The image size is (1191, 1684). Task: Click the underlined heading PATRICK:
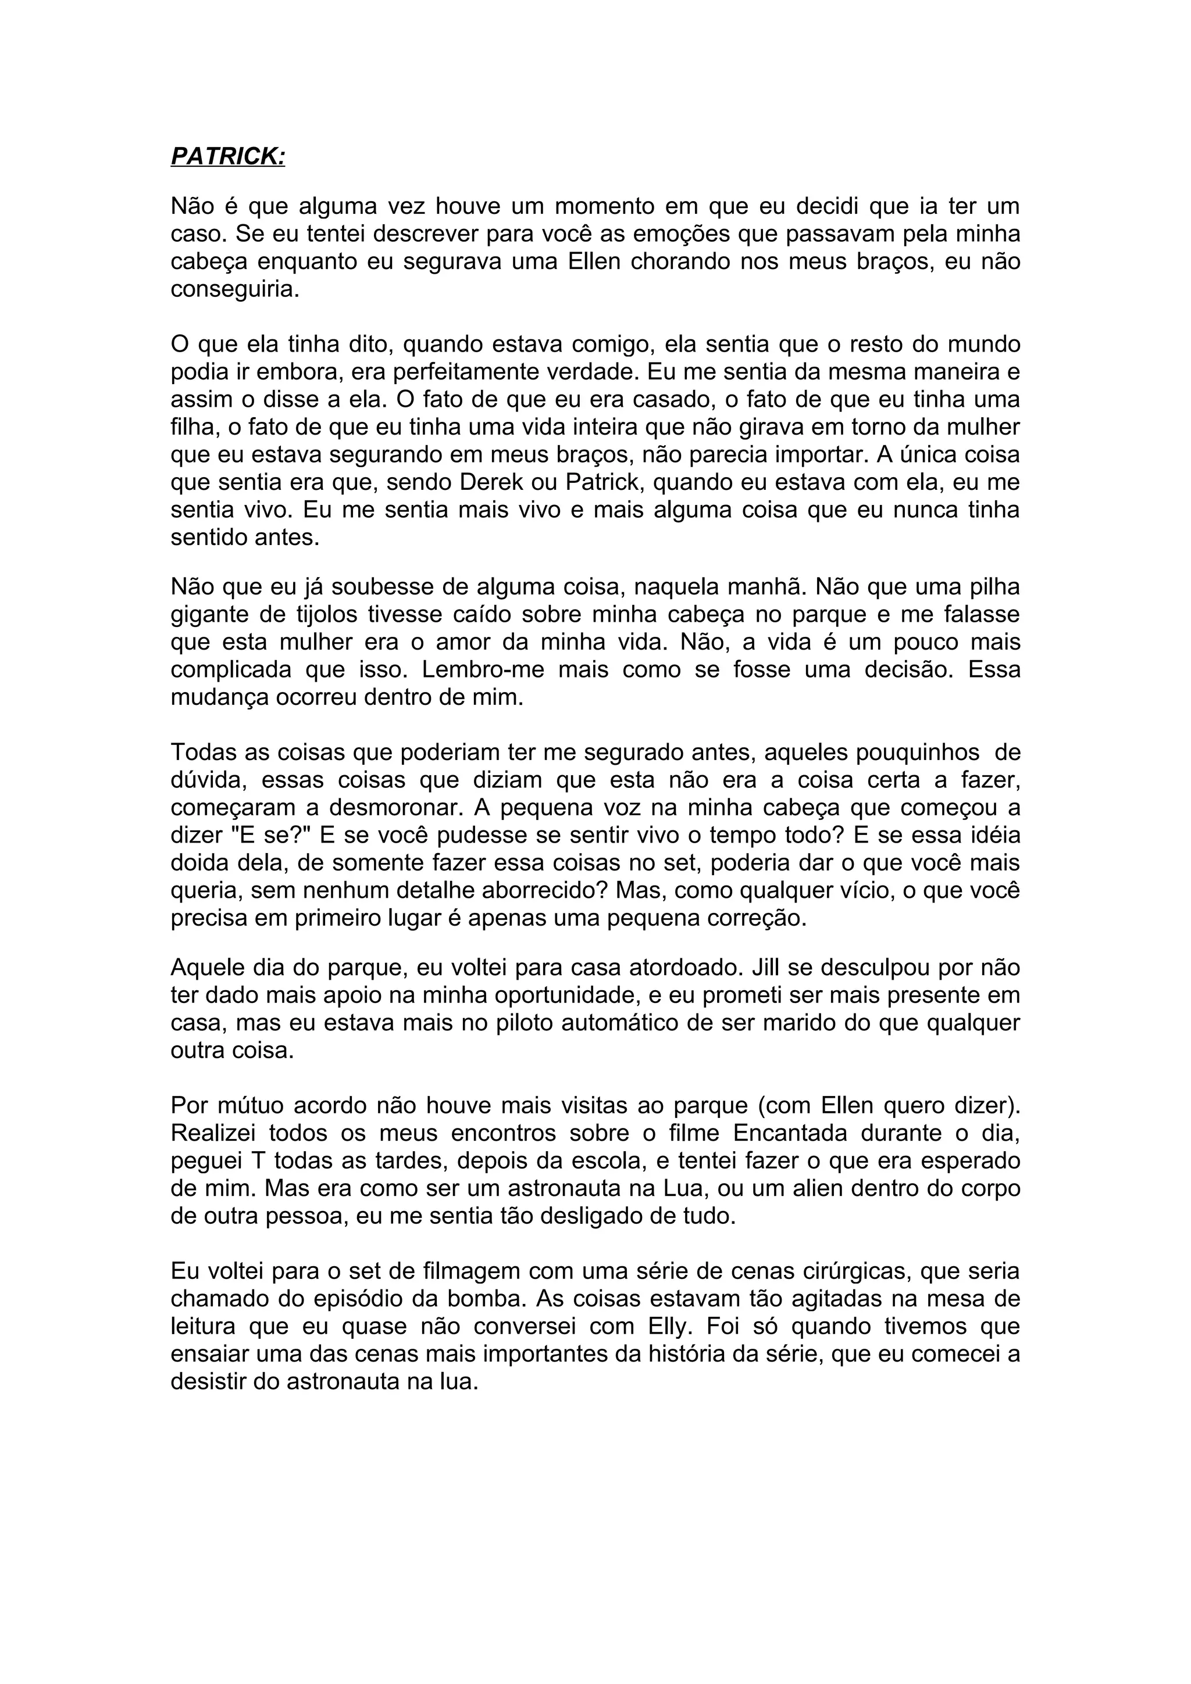pos(227,156)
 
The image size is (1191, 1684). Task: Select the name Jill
pos(769,968)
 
